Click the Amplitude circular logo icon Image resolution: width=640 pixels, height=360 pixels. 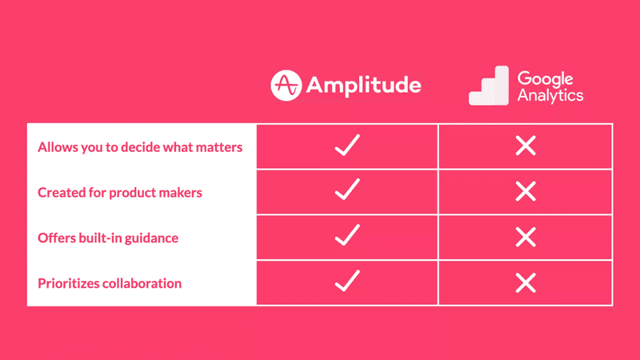(x=286, y=86)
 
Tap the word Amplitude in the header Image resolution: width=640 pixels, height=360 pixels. (x=364, y=86)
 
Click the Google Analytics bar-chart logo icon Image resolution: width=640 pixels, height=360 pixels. (x=488, y=86)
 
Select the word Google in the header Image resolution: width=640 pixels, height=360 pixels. (x=546, y=78)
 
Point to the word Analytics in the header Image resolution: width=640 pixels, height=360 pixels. (x=550, y=96)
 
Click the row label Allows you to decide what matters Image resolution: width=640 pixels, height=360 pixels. (x=140, y=147)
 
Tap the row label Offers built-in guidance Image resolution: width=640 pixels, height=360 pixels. (x=107, y=238)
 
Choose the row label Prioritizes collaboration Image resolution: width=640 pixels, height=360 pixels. (x=110, y=283)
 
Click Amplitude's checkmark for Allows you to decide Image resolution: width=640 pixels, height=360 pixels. (x=346, y=146)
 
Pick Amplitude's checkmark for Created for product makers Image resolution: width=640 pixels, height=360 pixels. (x=346, y=191)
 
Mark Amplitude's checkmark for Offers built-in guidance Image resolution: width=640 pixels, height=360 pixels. (x=346, y=237)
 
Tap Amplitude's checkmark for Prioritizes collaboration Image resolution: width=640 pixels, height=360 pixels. (x=346, y=282)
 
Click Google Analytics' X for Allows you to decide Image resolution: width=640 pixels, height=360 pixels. (x=526, y=146)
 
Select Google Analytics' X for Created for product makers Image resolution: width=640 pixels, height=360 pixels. (x=526, y=191)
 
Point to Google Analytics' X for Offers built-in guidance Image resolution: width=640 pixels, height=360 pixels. (x=526, y=237)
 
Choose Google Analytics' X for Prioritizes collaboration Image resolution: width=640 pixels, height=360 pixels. (x=526, y=282)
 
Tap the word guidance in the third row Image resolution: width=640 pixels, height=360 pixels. (x=152, y=238)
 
